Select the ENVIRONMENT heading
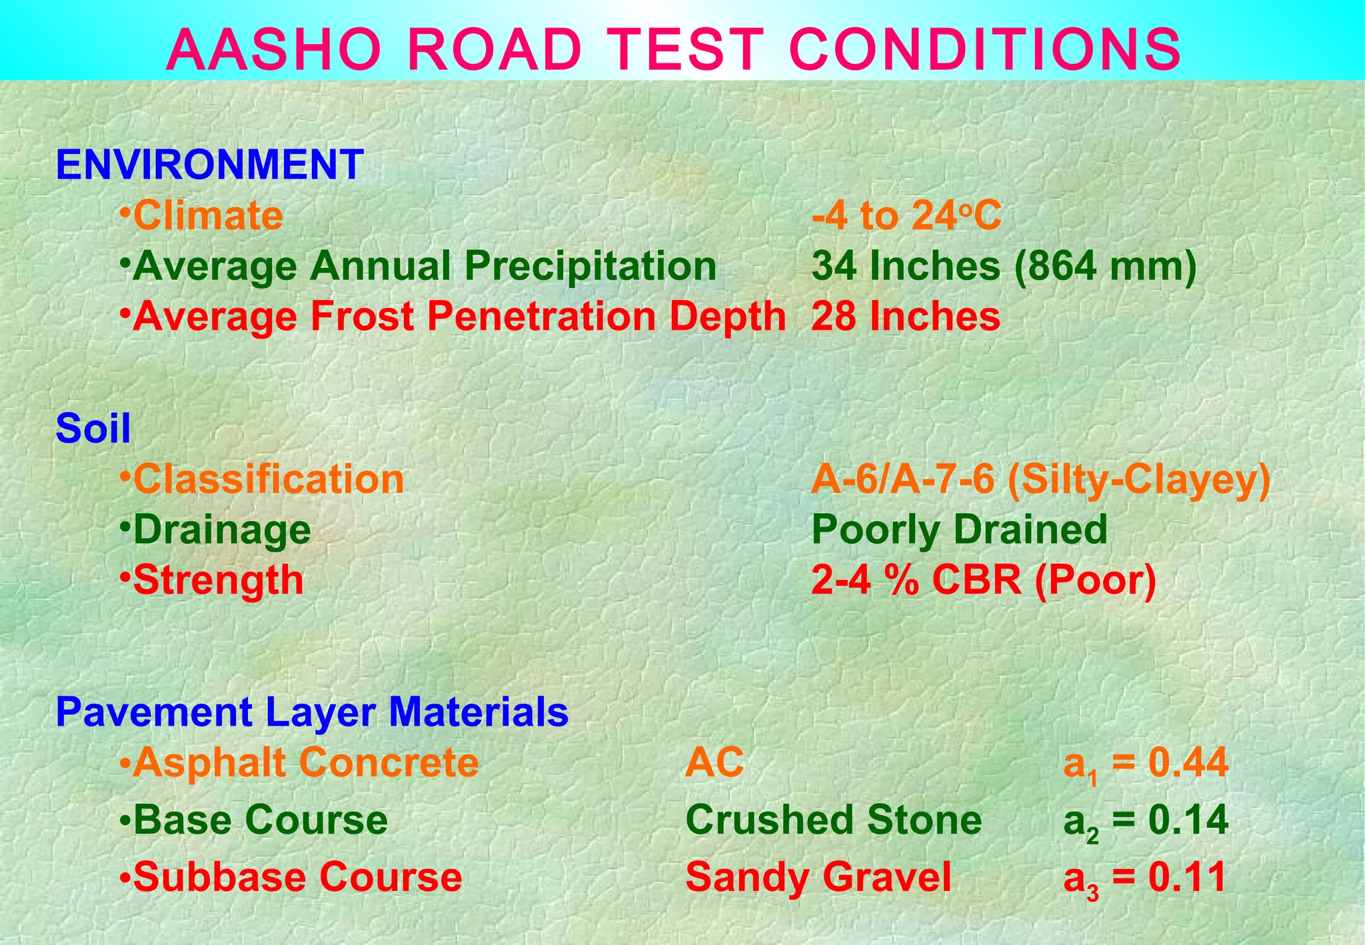209,165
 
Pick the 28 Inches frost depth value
906,316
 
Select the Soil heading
93,428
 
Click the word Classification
269,479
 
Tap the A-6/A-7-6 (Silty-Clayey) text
1040,479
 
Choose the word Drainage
222,530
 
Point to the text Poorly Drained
959,530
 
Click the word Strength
218,580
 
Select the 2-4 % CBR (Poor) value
984,580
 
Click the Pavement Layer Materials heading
312,711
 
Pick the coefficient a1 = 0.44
1145,763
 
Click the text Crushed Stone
833,819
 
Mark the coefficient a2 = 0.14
1145,820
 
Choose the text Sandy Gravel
818,876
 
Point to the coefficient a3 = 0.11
1144,878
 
